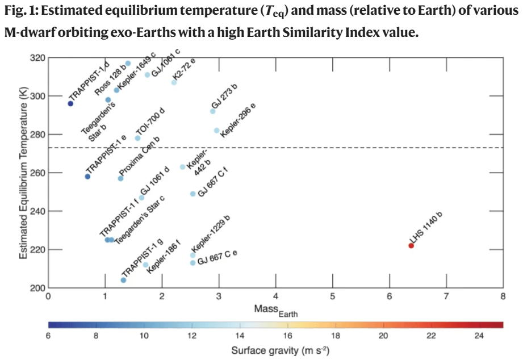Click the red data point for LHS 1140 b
(411, 245)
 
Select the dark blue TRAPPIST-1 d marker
(70, 103)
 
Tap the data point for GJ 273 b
(213, 111)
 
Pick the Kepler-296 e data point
(216, 131)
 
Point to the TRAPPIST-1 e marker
(87, 177)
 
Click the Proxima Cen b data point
(120, 178)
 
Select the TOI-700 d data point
(137, 138)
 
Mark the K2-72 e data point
(174, 82)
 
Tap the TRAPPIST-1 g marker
(124, 280)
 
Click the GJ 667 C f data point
(193, 194)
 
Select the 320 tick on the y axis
(39, 58)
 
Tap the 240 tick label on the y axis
(39, 211)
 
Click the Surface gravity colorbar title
(280, 350)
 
